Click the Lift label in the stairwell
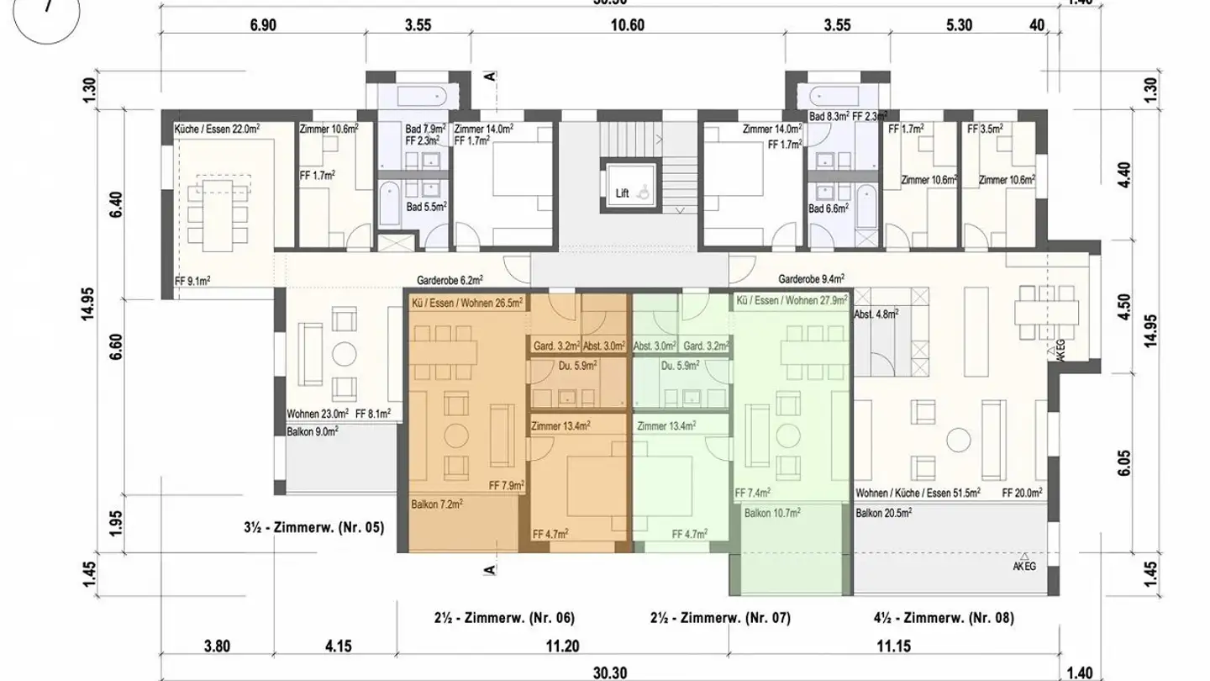pos(622,193)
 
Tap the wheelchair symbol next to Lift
pos(644,193)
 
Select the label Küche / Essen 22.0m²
pos(216,129)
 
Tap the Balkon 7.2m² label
pos(437,504)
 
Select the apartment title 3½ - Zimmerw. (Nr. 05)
pos(312,529)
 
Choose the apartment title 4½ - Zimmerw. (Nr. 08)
pos(944,618)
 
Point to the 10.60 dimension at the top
pos(627,25)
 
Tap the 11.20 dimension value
pos(562,647)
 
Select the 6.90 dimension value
pos(263,25)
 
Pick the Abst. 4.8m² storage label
pos(876,314)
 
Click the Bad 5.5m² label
pos(425,205)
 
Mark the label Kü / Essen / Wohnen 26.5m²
pos(466,301)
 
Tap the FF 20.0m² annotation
pos(1023,494)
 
